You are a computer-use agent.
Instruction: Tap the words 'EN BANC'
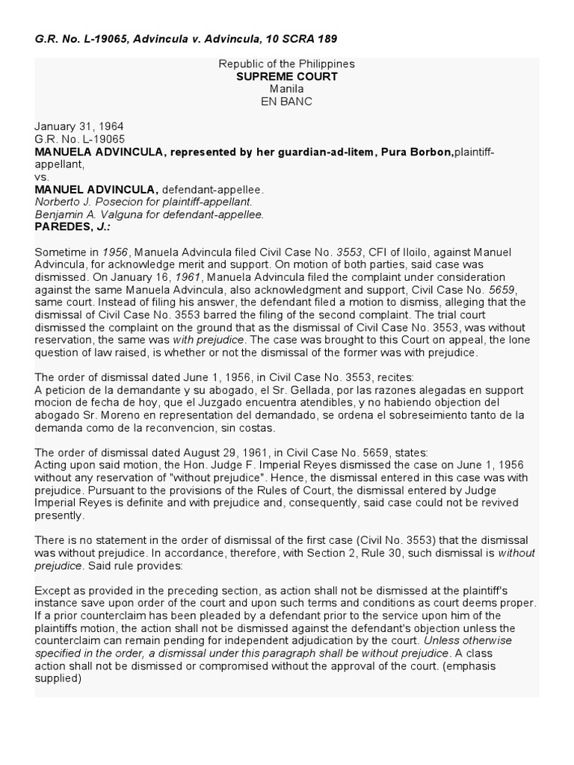(x=286, y=101)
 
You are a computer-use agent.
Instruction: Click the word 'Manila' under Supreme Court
(x=286, y=88)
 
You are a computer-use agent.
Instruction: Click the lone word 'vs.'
(x=42, y=177)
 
